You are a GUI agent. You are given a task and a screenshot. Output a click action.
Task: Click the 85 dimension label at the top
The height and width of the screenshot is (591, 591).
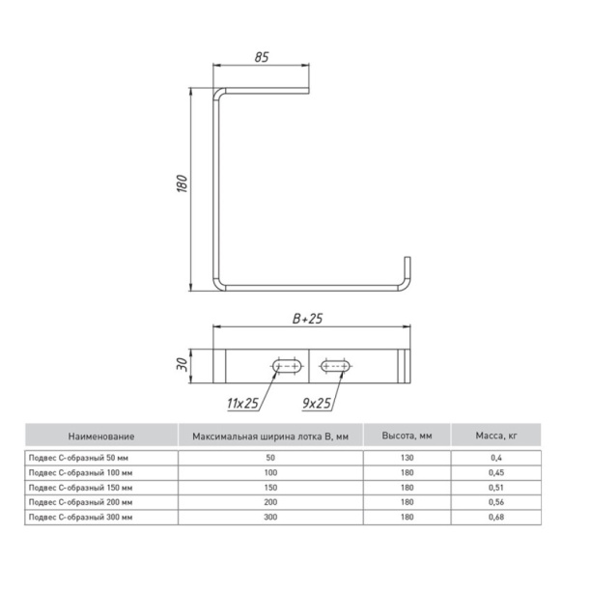tap(262, 57)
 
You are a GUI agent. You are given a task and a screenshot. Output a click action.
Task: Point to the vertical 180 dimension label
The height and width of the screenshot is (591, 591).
tap(183, 183)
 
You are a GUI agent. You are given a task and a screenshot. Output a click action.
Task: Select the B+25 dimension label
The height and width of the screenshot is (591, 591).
tap(307, 319)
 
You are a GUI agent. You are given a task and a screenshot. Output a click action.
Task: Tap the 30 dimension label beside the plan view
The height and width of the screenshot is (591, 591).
tap(183, 364)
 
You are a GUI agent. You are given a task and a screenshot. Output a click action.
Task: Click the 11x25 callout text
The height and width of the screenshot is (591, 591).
tap(242, 404)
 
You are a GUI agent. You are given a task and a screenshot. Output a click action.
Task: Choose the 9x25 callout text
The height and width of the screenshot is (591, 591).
tap(317, 404)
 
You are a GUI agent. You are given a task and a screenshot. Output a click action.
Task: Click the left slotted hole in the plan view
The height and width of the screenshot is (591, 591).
tap(287, 366)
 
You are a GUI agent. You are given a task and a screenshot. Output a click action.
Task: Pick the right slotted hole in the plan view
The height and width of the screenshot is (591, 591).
tap(335, 366)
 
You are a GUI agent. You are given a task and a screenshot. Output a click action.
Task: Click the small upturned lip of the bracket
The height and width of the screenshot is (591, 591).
tap(408, 269)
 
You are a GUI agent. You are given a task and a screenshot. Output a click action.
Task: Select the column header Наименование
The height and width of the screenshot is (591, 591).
tap(101, 436)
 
